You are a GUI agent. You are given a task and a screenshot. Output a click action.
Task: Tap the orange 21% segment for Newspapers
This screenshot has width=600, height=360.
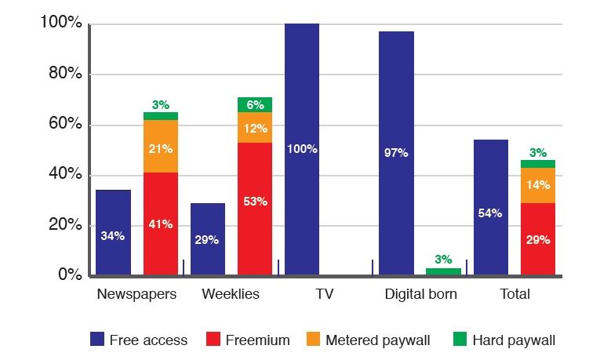160,146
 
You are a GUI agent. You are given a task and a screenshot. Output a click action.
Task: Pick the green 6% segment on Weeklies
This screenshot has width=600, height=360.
255,104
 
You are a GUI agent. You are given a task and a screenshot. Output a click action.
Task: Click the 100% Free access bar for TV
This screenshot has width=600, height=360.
302,149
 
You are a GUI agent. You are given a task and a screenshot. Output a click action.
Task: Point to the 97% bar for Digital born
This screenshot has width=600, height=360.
396,153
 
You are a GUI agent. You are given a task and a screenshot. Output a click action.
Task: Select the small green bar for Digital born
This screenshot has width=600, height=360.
443,271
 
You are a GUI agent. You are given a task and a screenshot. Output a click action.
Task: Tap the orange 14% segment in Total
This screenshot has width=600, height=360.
538,185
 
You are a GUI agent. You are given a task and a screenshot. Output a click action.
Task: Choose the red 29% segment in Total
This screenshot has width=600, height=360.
538,238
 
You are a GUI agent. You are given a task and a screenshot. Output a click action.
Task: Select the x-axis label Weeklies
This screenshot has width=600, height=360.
231,295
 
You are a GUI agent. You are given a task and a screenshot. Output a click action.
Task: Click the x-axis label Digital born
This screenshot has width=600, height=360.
420,295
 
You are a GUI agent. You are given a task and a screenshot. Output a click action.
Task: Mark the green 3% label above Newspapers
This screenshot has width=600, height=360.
161,104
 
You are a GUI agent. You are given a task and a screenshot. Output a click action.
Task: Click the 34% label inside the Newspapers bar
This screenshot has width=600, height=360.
113,236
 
